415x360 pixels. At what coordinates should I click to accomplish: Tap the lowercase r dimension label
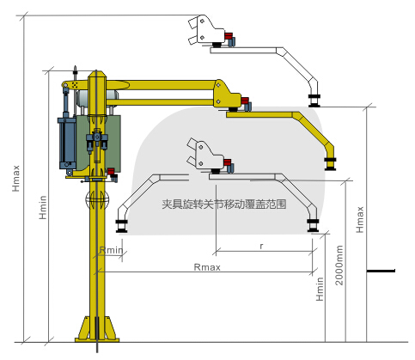(259, 246)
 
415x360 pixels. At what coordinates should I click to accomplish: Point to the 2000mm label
(340, 266)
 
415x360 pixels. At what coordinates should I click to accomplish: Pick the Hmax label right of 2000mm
(360, 226)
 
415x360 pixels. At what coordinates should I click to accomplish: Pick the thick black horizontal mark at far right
(381, 272)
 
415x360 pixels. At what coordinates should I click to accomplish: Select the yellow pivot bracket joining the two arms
(225, 95)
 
